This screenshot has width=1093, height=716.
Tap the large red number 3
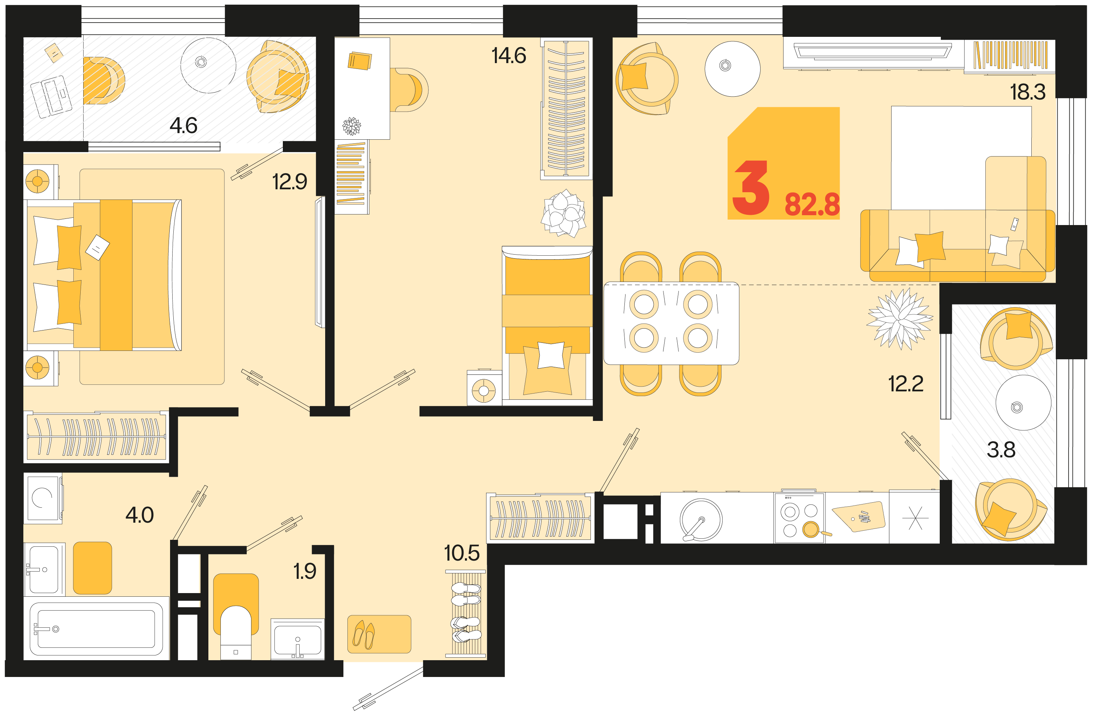pos(750,188)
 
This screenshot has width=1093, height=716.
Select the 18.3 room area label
pos(1028,92)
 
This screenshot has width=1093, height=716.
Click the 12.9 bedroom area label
pos(290,181)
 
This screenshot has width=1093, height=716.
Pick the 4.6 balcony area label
pos(184,125)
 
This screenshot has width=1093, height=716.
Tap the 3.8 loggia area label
pos(1001,450)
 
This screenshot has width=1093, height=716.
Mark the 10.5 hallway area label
pos(462,553)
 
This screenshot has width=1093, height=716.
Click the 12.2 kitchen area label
pos(906,384)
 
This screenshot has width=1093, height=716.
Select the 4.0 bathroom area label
pos(140,515)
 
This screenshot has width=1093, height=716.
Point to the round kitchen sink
pos(701,519)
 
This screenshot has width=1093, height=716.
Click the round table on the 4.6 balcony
pos(208,65)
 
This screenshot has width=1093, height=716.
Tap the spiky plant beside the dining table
pos(899,319)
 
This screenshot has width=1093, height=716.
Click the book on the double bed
pos(97,247)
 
